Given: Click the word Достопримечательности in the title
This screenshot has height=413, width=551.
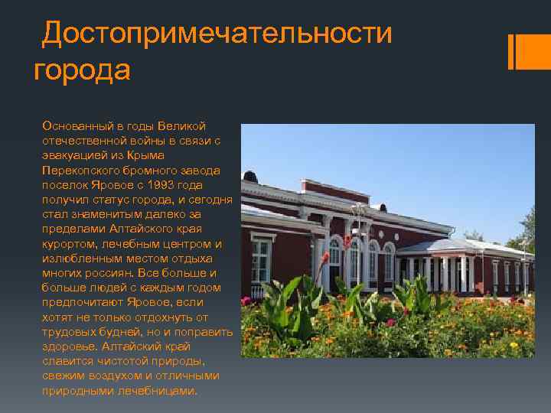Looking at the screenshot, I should [x=217, y=34].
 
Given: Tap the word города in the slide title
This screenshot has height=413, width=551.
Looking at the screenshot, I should [x=83, y=70].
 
